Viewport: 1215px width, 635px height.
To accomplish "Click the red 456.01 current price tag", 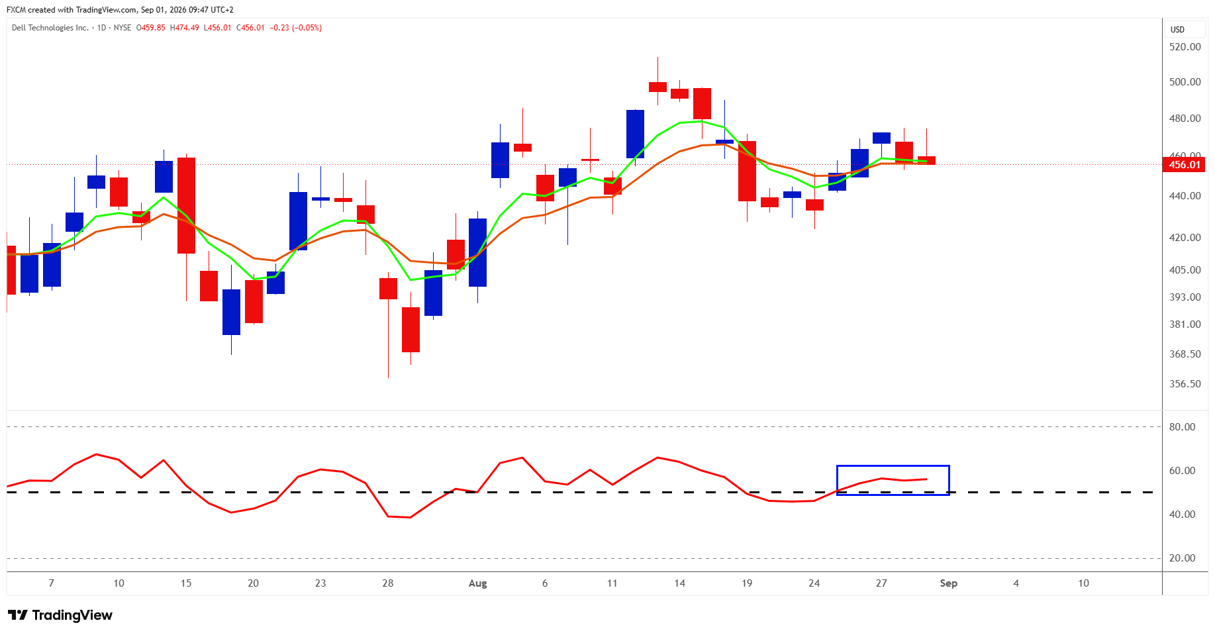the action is click(x=1184, y=164).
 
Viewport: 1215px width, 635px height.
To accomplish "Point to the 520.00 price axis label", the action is click(x=1185, y=47).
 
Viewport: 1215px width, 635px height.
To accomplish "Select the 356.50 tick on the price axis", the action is click(x=1185, y=384).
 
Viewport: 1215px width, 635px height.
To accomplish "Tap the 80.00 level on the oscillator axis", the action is click(x=1182, y=427).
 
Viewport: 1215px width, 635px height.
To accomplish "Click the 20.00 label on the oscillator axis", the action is click(x=1182, y=558).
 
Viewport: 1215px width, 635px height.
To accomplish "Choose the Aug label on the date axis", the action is click(x=477, y=583).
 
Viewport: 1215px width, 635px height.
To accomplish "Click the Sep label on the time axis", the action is click(x=948, y=583).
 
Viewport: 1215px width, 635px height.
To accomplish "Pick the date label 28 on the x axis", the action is click(x=388, y=583).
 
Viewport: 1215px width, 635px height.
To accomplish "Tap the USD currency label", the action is click(x=1177, y=30).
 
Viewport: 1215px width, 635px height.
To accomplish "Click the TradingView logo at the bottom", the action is click(x=60, y=615).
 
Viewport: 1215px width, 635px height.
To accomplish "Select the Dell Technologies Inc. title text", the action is click(x=50, y=28).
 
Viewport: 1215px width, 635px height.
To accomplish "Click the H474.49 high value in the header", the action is click(x=184, y=28).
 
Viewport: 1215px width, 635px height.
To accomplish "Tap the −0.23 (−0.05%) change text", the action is click(x=296, y=28).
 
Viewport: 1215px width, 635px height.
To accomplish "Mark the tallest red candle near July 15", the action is click(x=186, y=205).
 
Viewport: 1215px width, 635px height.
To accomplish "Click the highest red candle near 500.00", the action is click(x=657, y=87).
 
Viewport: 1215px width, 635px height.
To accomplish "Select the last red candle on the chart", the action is click(x=926, y=160).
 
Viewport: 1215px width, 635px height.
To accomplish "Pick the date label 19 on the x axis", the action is click(x=747, y=583).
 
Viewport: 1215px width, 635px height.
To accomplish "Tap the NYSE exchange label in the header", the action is click(x=122, y=28).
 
